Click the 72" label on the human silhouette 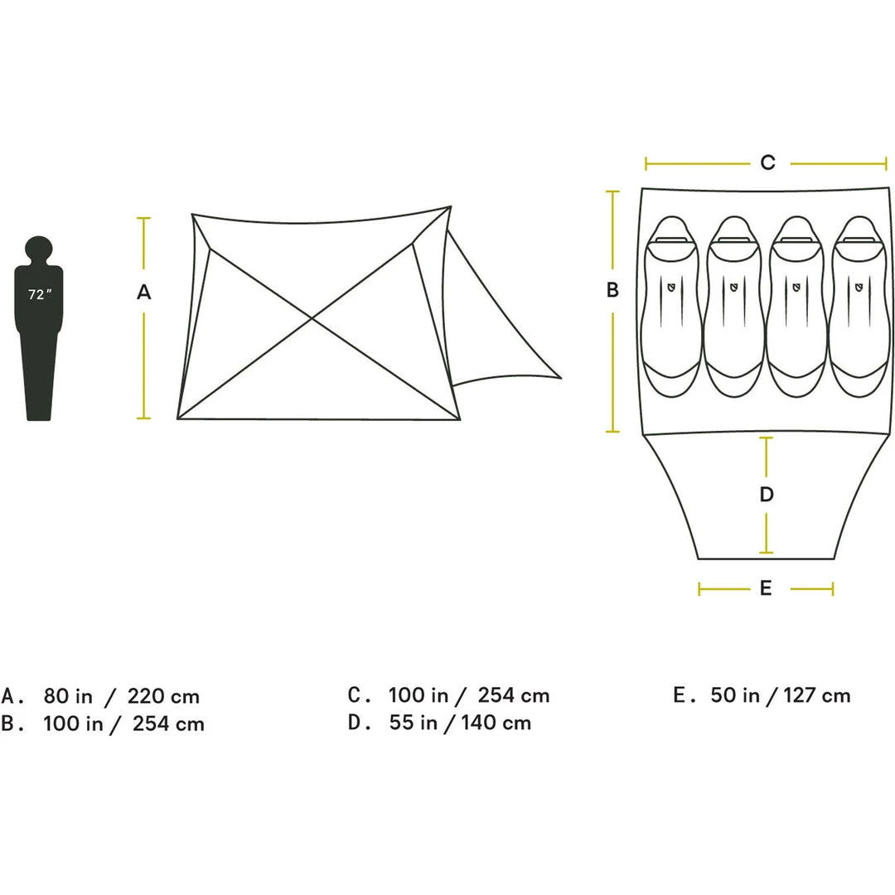tap(40, 294)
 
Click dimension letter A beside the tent tap(144, 293)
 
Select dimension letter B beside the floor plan tap(612, 290)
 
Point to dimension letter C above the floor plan tap(767, 162)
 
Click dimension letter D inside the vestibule tap(767, 494)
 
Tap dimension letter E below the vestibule tap(766, 588)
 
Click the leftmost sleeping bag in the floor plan tap(672, 307)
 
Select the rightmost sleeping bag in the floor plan tap(859, 307)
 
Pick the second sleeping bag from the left tap(734, 307)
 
